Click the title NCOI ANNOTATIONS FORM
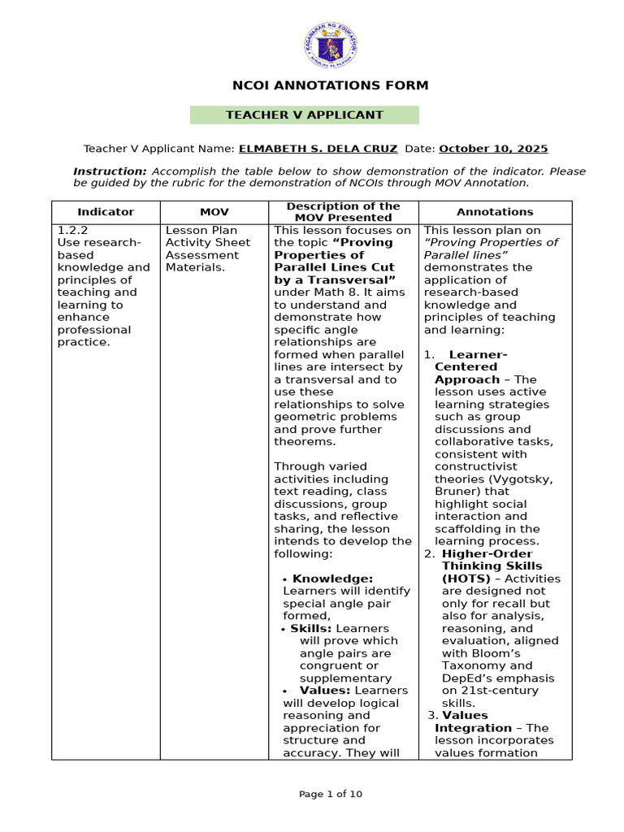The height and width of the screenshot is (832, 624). tap(330, 85)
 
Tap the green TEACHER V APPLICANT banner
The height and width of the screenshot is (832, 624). tap(305, 115)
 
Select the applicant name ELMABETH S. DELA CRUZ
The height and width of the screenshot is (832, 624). tap(318, 149)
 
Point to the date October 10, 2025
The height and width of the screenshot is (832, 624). tap(493, 149)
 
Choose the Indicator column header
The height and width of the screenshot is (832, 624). tap(106, 211)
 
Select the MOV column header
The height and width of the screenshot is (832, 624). tap(214, 211)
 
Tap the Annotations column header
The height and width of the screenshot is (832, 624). tap(495, 211)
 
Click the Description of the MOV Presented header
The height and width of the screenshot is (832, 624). tap(344, 211)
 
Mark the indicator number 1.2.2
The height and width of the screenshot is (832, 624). tap(72, 230)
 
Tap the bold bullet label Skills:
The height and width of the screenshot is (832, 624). tap(311, 628)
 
